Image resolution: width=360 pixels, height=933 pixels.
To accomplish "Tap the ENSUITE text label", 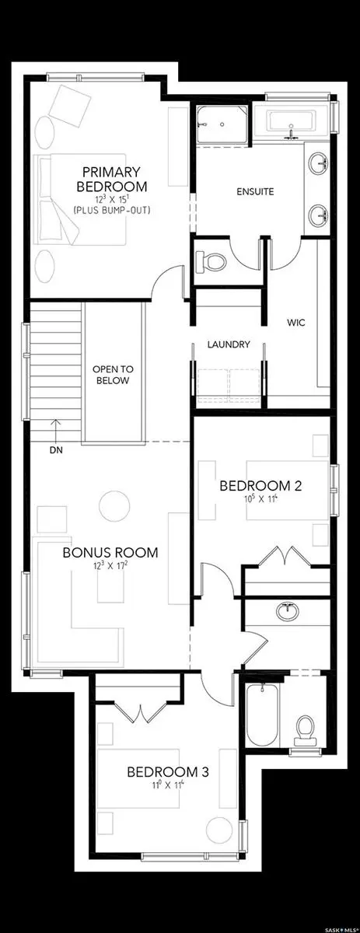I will [257, 191].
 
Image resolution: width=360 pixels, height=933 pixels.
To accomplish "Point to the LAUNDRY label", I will [229, 344].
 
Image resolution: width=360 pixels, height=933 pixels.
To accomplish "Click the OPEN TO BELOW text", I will [110, 375].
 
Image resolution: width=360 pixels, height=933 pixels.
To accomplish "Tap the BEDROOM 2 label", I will [260, 486].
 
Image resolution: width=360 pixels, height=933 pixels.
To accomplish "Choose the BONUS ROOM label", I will [110, 553].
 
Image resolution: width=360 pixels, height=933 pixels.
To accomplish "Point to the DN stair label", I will [57, 449].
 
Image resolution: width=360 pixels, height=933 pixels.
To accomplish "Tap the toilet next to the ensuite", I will [211, 260].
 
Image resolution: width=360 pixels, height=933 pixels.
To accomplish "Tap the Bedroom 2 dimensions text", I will [260, 501].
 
